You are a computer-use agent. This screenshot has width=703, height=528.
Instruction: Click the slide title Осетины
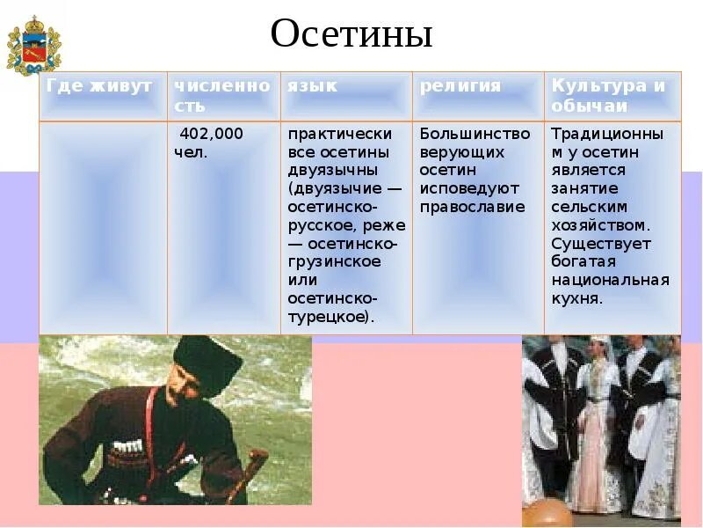[x=351, y=35]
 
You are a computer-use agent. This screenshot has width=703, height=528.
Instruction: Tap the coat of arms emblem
[x=33, y=46]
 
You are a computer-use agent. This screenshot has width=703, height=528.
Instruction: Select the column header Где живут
[x=99, y=86]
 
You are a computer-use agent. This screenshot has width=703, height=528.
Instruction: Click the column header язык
[x=311, y=86]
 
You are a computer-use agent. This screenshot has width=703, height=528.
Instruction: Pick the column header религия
[x=460, y=86]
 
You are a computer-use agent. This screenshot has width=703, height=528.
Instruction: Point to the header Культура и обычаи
[x=608, y=95]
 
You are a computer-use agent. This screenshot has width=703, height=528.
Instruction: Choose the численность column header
[x=221, y=95]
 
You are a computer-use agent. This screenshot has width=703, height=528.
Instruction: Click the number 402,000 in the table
[x=211, y=134]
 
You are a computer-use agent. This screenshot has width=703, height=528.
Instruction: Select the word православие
[x=472, y=208]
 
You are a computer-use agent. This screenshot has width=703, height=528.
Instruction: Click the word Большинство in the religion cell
[x=475, y=134]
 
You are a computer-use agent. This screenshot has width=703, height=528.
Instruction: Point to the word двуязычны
[x=333, y=171]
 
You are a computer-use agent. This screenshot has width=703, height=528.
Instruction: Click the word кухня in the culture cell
[x=576, y=299]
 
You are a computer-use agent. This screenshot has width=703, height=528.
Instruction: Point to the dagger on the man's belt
[x=256, y=466]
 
